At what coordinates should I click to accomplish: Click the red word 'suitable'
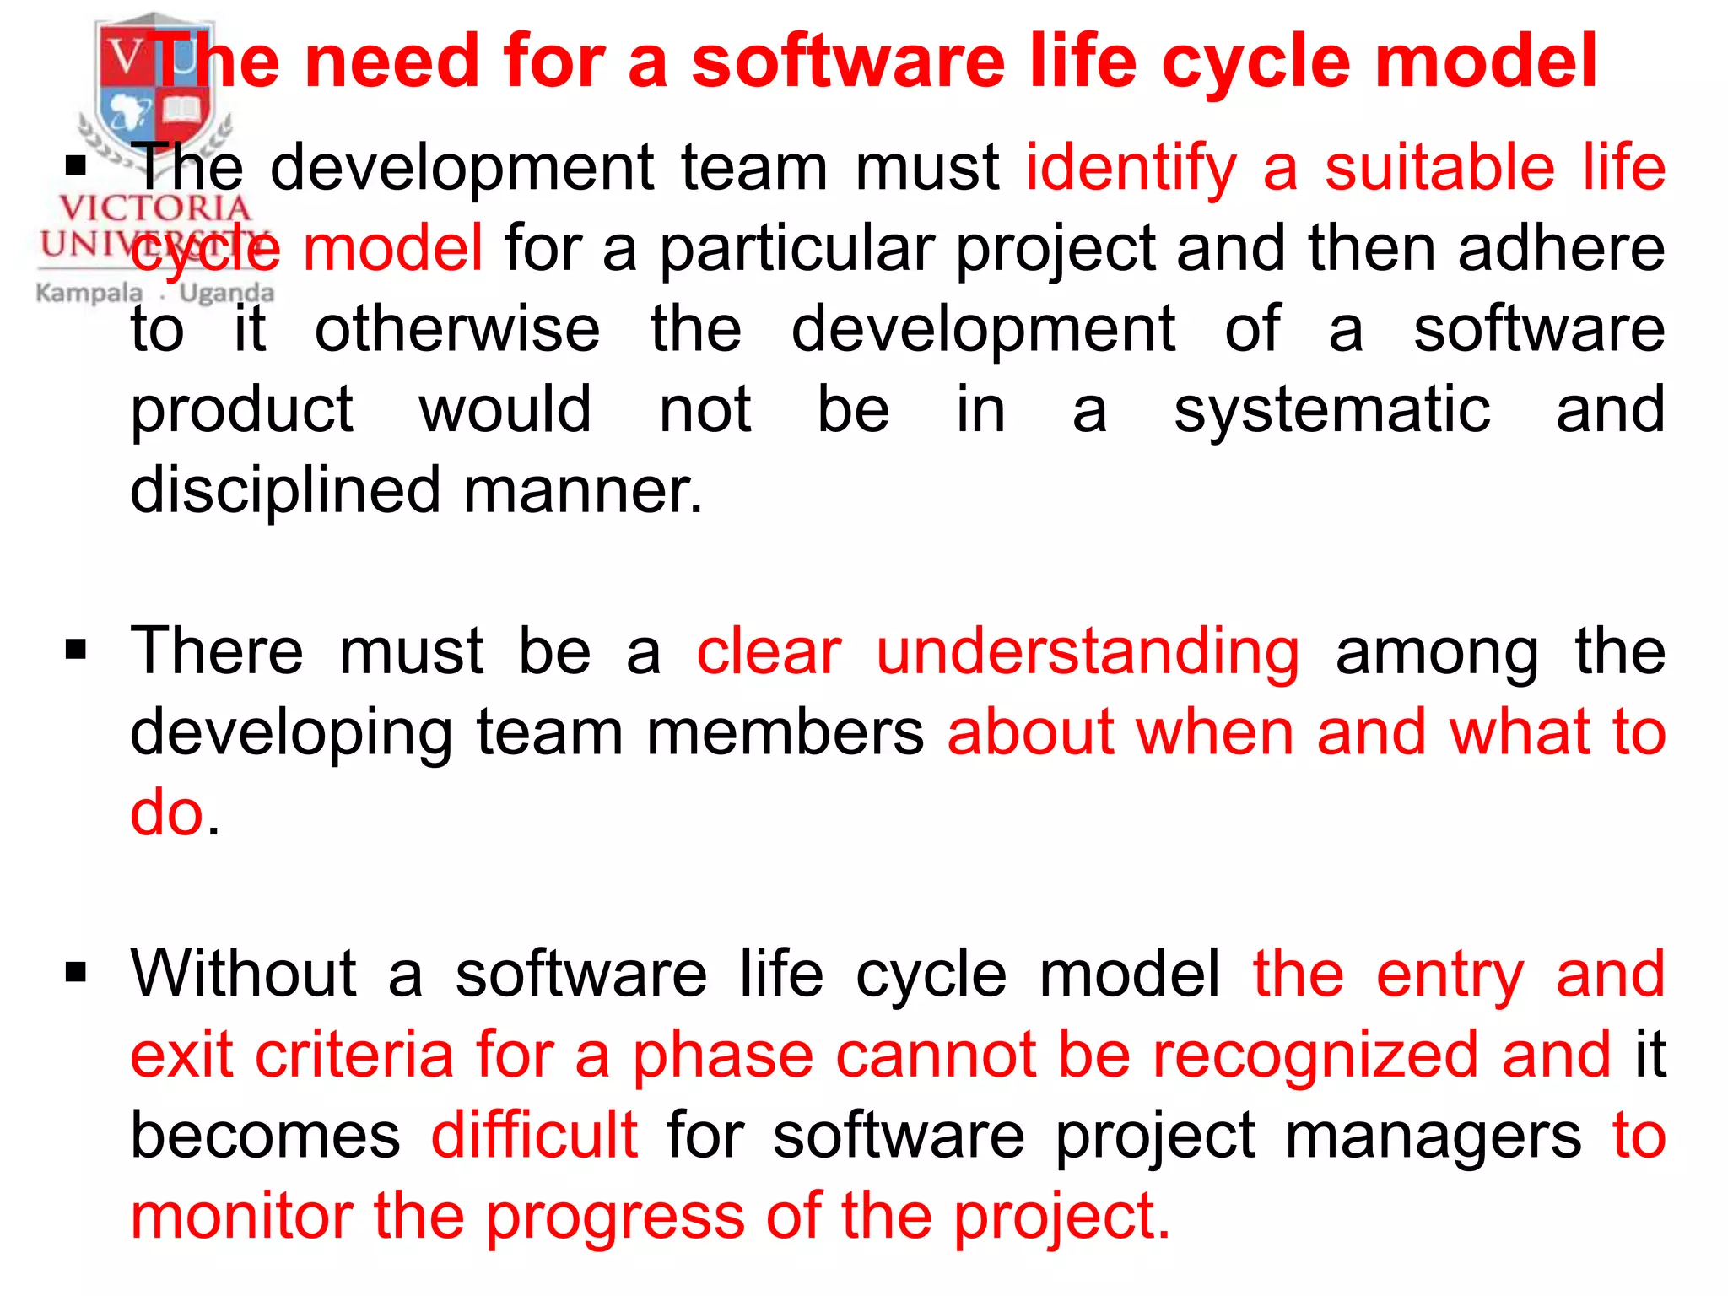tap(1439, 168)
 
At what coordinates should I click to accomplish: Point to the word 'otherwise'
tap(457, 329)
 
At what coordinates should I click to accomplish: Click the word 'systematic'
tap(1332, 410)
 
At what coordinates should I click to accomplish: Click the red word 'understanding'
tap(1088, 652)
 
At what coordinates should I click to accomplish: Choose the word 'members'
tap(785, 732)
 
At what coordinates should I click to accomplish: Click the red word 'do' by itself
tap(167, 813)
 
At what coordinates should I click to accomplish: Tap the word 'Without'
tap(243, 974)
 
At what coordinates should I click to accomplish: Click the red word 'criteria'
tap(355, 1055)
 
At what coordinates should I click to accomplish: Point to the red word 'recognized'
tap(1315, 1055)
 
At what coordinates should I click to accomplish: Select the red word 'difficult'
tap(534, 1135)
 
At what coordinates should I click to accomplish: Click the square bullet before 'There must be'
tap(76, 650)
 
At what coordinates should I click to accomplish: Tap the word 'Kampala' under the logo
tap(89, 293)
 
